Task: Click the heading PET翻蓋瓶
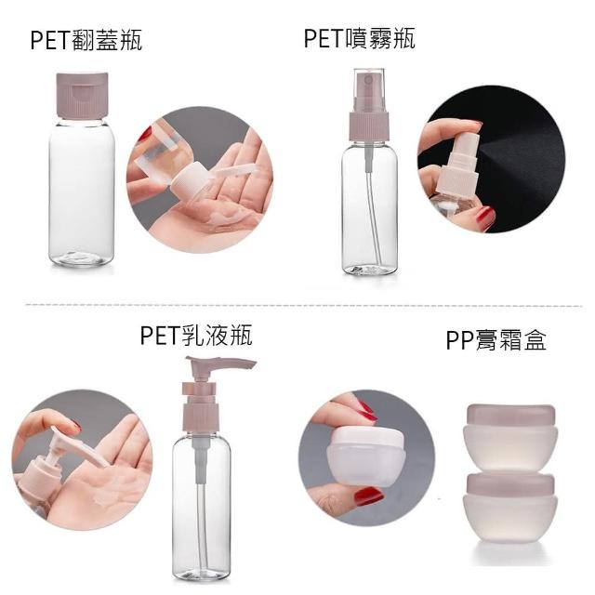(x=86, y=40)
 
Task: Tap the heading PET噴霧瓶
(x=360, y=38)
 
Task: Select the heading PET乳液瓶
(x=196, y=336)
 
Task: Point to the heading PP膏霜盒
(x=496, y=339)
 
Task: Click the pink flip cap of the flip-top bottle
(x=82, y=95)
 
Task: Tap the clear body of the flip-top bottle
(x=82, y=192)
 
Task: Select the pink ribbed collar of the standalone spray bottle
(x=370, y=126)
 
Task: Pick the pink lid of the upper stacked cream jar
(x=510, y=416)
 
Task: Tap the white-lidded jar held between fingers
(x=365, y=456)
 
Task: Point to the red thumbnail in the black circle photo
(x=485, y=217)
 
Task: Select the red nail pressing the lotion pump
(x=76, y=426)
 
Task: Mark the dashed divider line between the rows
(x=304, y=305)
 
